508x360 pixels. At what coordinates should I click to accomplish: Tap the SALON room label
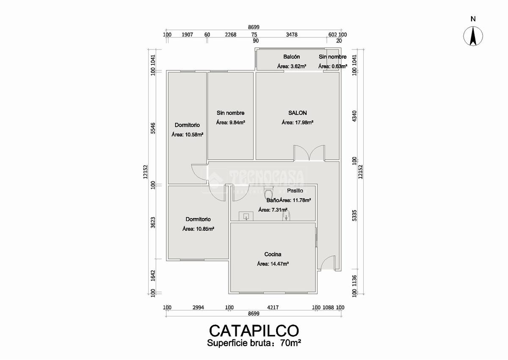(297, 113)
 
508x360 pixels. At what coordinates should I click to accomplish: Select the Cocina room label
(273, 255)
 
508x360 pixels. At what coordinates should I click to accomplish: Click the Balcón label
(292, 57)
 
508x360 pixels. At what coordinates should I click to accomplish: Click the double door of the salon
(310, 153)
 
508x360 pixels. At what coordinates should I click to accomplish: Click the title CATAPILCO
(254, 330)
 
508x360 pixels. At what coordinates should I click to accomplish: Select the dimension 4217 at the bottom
(272, 307)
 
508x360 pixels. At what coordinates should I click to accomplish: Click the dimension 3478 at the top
(292, 35)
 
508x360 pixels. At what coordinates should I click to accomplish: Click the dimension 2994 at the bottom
(198, 307)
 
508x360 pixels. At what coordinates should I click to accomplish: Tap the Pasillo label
(295, 191)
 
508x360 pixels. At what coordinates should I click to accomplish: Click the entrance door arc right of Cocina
(328, 263)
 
